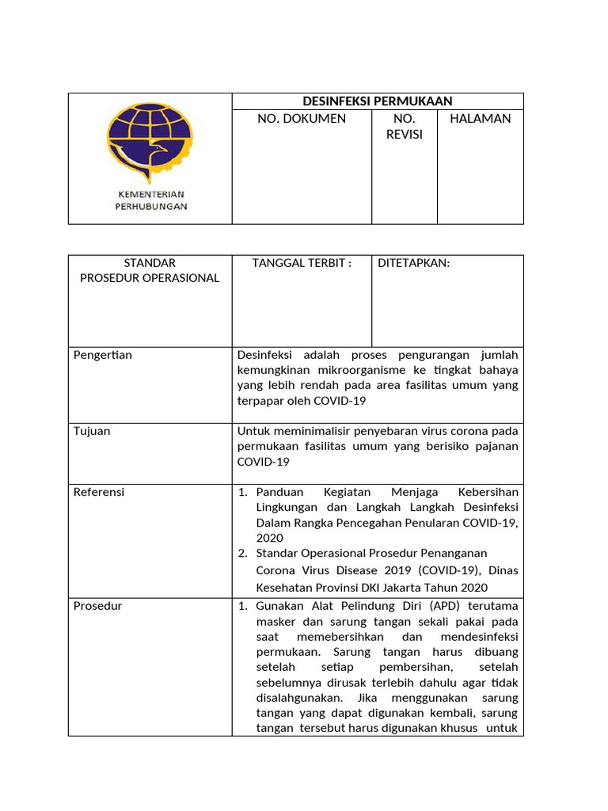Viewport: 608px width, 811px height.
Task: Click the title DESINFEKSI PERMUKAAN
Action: click(378, 101)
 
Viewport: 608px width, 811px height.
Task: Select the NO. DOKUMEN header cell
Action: click(302, 119)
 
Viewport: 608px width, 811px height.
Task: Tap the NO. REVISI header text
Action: click(405, 127)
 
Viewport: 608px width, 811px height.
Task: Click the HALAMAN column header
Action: click(480, 119)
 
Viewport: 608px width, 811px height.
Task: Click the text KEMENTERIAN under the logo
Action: click(150, 194)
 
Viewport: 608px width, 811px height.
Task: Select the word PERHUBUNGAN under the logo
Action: click(150, 207)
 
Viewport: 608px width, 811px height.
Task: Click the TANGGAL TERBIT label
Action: click(301, 263)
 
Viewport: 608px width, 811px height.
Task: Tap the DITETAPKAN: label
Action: click(413, 263)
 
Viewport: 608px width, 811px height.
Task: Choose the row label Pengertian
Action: click(103, 355)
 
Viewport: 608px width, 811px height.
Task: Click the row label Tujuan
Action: click(92, 431)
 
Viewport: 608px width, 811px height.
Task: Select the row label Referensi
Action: click(99, 492)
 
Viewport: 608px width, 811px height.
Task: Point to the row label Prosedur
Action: click(97, 606)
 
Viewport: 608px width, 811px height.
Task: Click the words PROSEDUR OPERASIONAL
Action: click(150, 278)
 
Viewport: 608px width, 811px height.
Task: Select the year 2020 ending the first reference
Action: click(269, 538)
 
